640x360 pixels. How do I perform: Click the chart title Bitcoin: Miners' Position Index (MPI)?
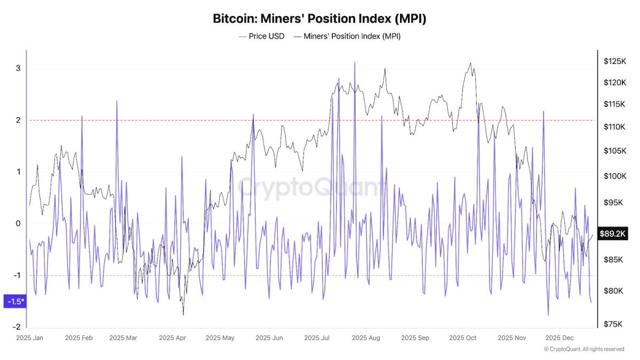pyautogui.click(x=319, y=19)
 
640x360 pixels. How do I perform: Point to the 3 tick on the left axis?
pyautogui.click(x=18, y=68)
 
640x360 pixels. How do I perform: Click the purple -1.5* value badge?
pyautogui.click(x=14, y=301)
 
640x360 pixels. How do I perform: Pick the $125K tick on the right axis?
pyautogui.click(x=614, y=61)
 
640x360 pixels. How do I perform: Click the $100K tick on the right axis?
pyautogui.click(x=614, y=176)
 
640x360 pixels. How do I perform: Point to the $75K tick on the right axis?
pyautogui.click(x=614, y=324)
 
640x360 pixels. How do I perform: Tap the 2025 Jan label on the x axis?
pyautogui.click(x=30, y=338)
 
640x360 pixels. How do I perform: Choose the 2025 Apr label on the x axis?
pyautogui.click(x=173, y=338)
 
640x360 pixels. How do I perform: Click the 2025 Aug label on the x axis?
pyautogui.click(x=366, y=338)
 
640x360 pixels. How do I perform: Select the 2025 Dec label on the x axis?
pyautogui.click(x=559, y=338)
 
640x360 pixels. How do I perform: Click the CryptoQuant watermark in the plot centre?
pyautogui.click(x=309, y=188)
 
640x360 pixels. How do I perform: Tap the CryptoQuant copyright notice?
pyautogui.click(x=584, y=349)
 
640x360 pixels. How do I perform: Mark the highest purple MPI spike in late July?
pyautogui.click(x=355, y=63)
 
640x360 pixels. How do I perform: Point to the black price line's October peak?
pyautogui.click(x=470, y=63)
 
